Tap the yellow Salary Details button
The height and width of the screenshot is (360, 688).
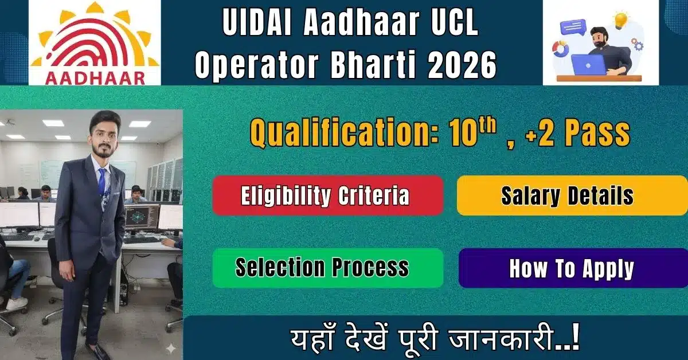point(572,195)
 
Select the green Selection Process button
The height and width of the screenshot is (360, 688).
point(327,268)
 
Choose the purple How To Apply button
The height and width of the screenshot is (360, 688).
point(572,268)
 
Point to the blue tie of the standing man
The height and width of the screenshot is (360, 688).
point(101,181)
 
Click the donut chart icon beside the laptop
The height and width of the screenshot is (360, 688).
point(560,49)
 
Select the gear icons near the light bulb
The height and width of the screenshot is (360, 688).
point(636,44)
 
